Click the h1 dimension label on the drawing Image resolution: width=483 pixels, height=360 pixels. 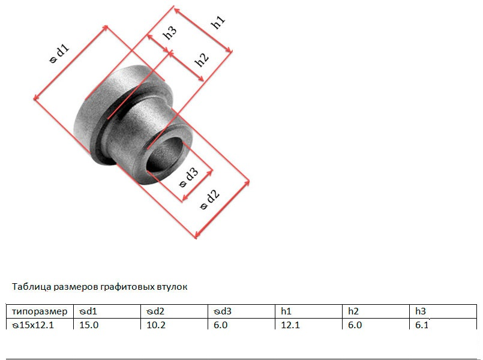[218, 22]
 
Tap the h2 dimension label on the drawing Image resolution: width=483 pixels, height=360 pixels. [202, 59]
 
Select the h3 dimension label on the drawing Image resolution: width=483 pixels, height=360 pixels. [170, 32]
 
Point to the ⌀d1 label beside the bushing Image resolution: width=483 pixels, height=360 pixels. [59, 53]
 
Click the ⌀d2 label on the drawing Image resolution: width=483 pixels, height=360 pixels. [210, 199]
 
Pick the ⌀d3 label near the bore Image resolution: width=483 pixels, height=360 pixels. [188, 178]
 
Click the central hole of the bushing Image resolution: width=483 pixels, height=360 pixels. [164, 154]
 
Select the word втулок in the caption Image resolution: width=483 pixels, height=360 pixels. [172, 287]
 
